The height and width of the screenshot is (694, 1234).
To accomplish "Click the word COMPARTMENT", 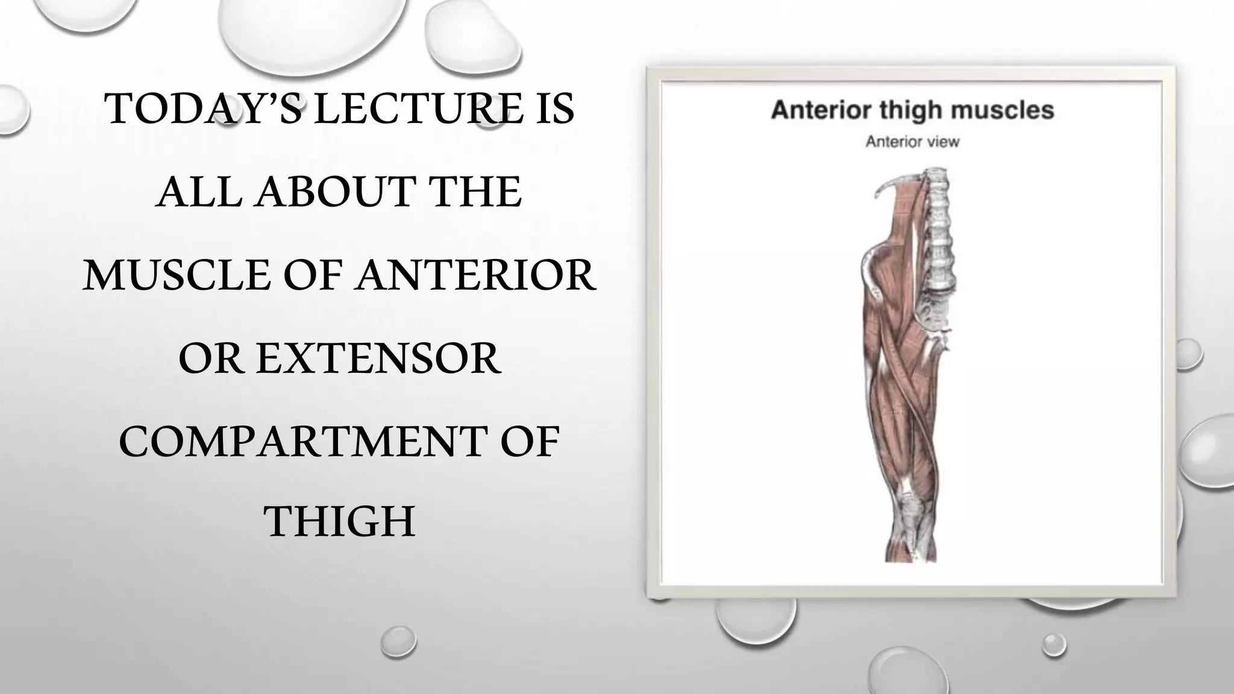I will click(x=302, y=442).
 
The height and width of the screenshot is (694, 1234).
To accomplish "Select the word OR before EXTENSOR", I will click(x=211, y=358).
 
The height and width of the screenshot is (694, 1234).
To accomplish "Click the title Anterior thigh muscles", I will click(x=912, y=111).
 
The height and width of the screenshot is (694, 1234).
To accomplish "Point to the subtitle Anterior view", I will click(x=912, y=142).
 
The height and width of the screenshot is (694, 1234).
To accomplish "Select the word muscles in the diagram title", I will click(x=1013, y=111).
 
